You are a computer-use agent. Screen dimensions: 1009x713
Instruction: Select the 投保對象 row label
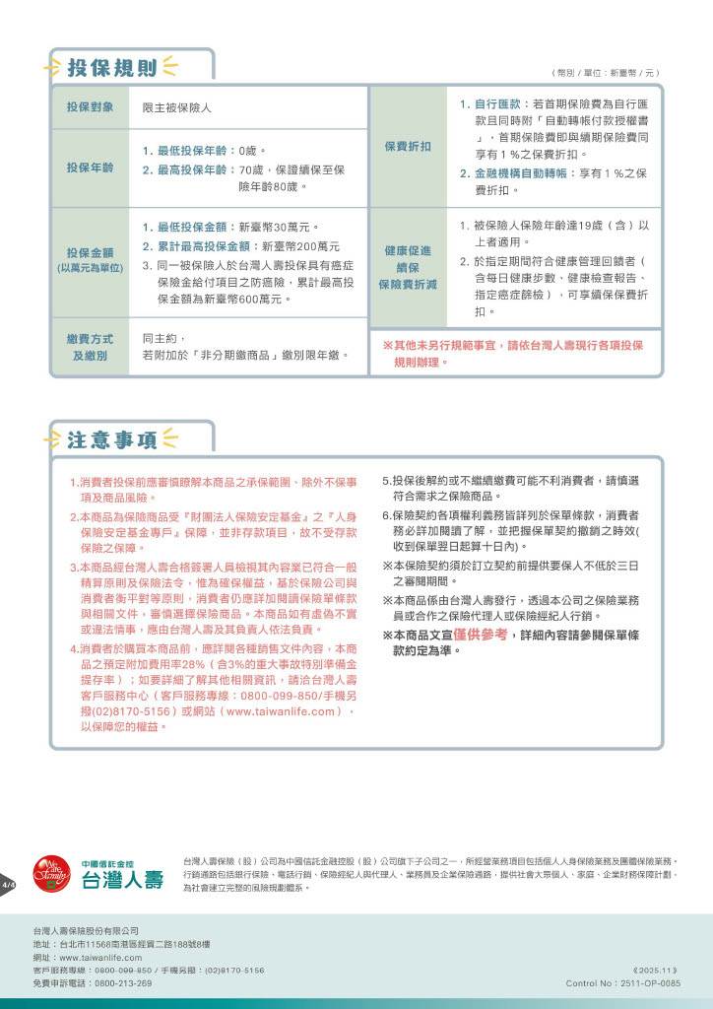click(90, 106)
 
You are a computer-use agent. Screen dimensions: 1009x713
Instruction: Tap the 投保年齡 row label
click(90, 168)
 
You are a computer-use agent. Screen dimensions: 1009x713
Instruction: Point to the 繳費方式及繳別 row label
click(90, 347)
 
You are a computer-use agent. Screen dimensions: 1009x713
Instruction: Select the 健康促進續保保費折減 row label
click(407, 267)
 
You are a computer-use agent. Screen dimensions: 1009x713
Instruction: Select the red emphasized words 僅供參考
click(481, 635)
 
